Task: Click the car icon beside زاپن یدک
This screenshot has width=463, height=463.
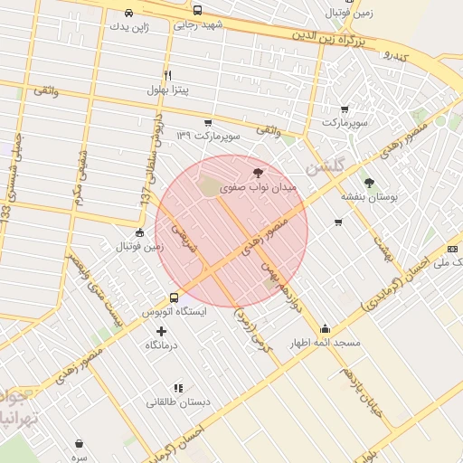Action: [x=129, y=13]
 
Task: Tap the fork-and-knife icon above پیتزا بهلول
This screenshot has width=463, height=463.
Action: [x=167, y=75]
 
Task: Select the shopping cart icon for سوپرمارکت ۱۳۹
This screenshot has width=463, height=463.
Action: [x=208, y=122]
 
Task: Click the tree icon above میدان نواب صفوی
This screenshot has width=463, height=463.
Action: [x=258, y=171]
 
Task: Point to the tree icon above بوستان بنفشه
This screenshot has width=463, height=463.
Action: [x=368, y=181]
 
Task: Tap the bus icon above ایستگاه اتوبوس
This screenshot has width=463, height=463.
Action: [x=174, y=298]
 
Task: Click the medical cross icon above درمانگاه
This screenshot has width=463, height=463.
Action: [x=162, y=331]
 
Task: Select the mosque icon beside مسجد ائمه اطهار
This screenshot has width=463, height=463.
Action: [x=325, y=329]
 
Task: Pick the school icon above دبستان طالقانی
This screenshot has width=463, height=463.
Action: [x=177, y=387]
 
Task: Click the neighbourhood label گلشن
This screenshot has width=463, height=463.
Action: [x=325, y=168]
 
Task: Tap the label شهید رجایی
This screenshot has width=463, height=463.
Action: [x=198, y=25]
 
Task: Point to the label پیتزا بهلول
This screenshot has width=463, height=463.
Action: [x=168, y=90]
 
